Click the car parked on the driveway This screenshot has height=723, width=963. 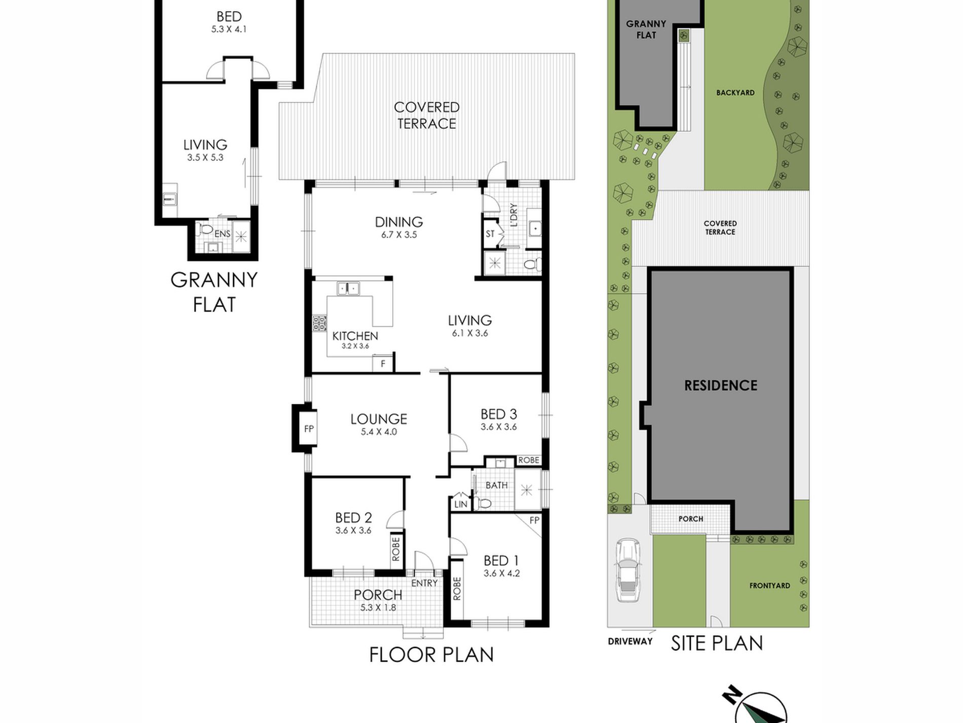point(627,570)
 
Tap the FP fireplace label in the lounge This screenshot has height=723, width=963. point(309,429)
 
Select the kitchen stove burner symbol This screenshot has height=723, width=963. point(319,323)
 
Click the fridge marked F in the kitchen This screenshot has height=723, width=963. point(383,364)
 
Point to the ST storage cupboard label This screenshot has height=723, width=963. point(490,234)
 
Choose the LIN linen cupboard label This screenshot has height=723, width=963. point(461,504)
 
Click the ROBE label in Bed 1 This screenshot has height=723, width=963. point(457,589)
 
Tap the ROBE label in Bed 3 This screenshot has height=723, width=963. point(529,460)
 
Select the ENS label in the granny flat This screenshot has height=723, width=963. point(222,234)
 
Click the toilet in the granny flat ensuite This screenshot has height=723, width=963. point(206,229)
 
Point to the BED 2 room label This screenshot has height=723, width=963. point(353,518)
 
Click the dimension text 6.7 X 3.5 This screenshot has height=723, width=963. point(399,235)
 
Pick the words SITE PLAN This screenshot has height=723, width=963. point(717,643)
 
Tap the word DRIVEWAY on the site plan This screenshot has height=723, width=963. point(630,641)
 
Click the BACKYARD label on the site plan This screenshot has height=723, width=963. point(735,93)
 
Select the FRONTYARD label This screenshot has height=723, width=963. point(770,586)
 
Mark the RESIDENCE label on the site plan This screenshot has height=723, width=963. point(721,386)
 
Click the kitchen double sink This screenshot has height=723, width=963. point(348,289)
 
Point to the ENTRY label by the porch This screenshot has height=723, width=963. point(424,583)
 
